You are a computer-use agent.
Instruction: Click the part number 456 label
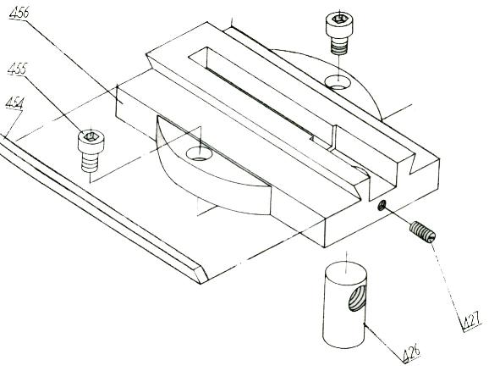[x=19, y=13]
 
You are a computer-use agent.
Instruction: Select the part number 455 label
[x=18, y=69]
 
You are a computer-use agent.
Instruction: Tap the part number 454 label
[x=14, y=103]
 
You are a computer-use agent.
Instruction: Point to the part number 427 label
[x=471, y=322]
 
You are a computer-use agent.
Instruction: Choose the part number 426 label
[x=412, y=352]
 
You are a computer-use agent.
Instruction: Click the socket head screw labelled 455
[x=91, y=151]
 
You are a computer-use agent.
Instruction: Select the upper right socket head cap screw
[x=339, y=33]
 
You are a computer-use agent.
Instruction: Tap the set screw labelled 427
[x=422, y=232]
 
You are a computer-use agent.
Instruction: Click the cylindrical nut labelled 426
[x=344, y=304]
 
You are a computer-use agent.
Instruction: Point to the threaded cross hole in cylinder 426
[x=357, y=298]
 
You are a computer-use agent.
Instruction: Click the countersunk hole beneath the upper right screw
[x=338, y=82]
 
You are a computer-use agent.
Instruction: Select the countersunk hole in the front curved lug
[x=199, y=154]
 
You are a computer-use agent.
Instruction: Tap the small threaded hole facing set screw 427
[x=382, y=205]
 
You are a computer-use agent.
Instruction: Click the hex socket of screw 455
[x=91, y=136]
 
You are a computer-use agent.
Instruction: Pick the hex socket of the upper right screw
[x=339, y=19]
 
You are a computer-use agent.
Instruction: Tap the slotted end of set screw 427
[x=431, y=236]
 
